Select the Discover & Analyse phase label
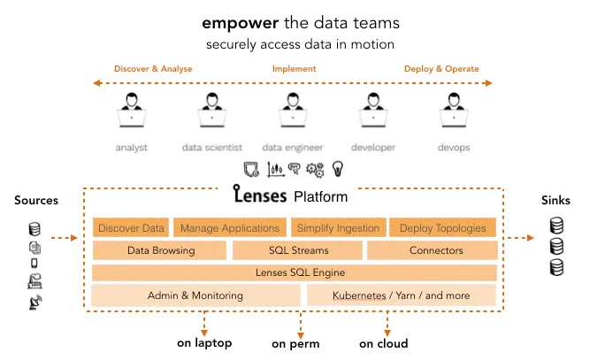pos(153,69)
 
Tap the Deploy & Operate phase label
pos(441,69)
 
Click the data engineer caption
pos(293,147)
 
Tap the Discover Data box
pos(131,228)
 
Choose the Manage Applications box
pos(230,228)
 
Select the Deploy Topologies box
pos(442,228)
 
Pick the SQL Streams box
pos(299,250)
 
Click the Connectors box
pos(436,250)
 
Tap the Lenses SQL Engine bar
pos(300,272)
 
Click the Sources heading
pos(36,201)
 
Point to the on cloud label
pos(383,343)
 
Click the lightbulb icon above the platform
pos(337,169)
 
